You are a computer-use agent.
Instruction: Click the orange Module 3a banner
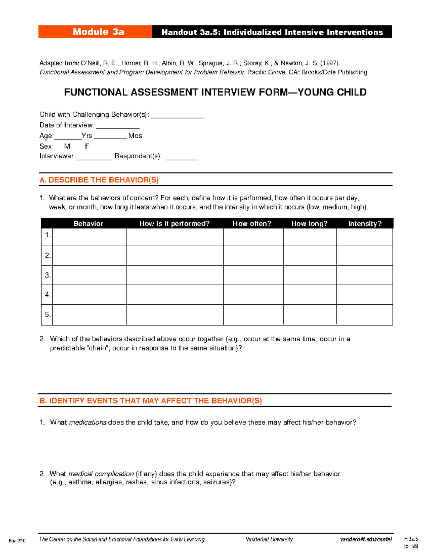[95, 32]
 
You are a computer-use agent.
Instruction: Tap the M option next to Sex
[67, 146]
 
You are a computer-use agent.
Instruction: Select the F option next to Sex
[87, 146]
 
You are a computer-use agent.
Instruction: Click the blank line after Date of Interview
[118, 126]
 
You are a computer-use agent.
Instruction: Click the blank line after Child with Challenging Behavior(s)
[177, 116]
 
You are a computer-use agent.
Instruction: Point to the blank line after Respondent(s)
[182, 157]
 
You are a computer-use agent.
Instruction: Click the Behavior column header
[88, 223]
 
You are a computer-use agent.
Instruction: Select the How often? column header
[252, 223]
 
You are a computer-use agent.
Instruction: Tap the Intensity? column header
[365, 223]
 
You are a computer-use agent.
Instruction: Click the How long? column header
[309, 223]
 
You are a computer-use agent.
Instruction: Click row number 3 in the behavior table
[47, 275]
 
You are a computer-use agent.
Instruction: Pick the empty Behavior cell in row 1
[89, 237]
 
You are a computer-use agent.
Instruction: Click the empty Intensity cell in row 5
[364, 315]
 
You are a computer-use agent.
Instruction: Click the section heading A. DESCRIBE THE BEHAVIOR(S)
[99, 180]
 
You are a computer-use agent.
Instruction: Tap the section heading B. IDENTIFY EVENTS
[150, 401]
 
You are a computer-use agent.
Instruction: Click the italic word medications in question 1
[87, 422]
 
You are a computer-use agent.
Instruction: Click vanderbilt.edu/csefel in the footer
[365, 539]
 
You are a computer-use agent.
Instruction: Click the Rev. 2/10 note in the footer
[17, 541]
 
